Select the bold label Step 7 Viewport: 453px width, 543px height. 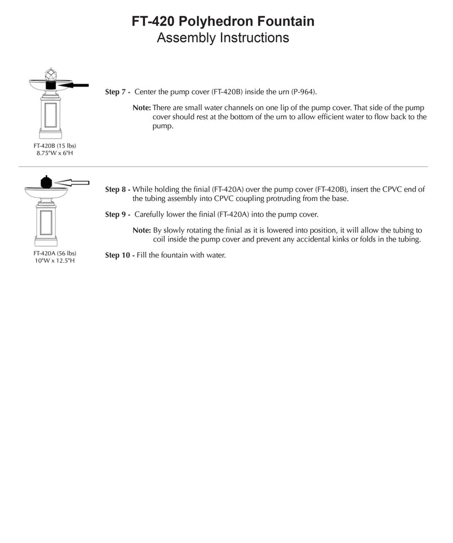118,92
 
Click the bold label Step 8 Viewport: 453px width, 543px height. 118,190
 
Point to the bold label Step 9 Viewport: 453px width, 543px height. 118,215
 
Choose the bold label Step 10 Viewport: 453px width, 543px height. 119,256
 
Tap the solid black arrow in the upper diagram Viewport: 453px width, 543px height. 74,85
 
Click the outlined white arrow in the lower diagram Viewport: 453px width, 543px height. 74,182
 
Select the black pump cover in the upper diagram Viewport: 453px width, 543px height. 50,85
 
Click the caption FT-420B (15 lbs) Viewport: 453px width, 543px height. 54,146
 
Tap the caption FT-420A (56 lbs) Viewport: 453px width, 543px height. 54,253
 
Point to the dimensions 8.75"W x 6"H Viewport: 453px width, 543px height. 54,153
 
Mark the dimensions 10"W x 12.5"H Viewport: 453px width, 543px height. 54,260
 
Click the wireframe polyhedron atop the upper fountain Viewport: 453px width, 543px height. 50,74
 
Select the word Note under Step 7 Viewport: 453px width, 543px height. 142,107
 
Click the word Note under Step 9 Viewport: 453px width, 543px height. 142,231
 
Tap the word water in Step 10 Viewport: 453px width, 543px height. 215,256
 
